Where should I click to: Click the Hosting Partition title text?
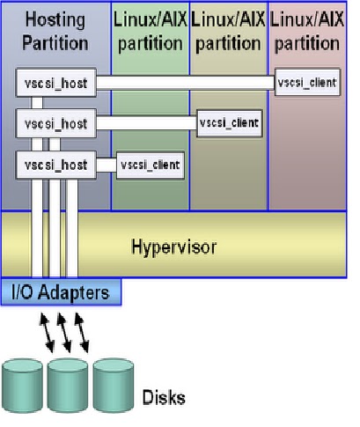click(x=56, y=30)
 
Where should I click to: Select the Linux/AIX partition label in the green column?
click(x=150, y=30)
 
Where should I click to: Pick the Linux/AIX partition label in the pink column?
click(x=307, y=30)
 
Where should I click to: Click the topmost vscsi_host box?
click(x=55, y=83)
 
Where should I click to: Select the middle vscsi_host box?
click(x=55, y=123)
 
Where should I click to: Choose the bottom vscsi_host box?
click(x=55, y=165)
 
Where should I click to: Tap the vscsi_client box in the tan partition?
click(x=229, y=123)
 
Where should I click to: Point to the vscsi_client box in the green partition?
click(x=151, y=165)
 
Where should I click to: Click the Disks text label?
click(x=164, y=398)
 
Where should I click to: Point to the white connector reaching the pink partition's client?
click(x=185, y=83)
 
